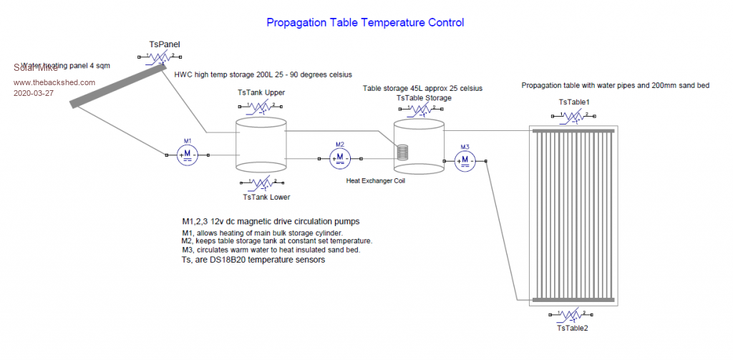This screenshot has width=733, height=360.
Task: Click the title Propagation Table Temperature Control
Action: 365,23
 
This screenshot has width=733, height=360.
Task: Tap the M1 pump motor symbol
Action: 188,155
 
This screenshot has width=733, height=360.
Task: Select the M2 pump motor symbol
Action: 340,158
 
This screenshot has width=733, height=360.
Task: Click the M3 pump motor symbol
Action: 465,161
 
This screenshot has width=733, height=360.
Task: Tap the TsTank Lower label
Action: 266,198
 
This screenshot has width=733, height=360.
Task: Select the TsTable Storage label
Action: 424,97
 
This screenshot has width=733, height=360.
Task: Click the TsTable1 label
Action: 574,103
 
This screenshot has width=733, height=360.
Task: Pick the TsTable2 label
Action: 572,328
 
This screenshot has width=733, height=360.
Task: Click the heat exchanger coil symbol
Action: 404,152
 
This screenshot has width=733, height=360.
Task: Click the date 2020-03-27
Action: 34,93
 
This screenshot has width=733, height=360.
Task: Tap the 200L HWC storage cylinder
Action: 261,147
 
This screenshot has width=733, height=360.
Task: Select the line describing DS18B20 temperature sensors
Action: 254,261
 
